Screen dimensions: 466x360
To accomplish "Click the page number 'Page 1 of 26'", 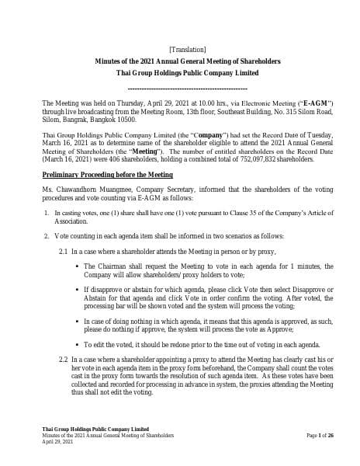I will coord(320,436).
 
